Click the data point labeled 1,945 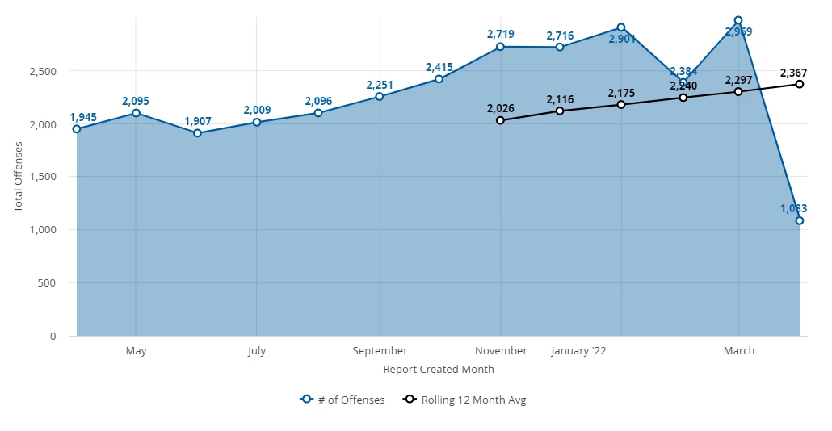click(77, 129)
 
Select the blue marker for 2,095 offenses click(136, 113)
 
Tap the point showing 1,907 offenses click(197, 133)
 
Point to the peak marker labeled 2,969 click(738, 20)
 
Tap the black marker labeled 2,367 click(800, 84)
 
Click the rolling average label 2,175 click(621, 93)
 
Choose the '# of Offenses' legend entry click(342, 400)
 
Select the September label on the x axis click(380, 351)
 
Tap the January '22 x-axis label click(578, 351)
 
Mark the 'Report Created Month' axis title click(439, 370)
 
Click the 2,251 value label click(380, 85)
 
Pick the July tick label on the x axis click(257, 351)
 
